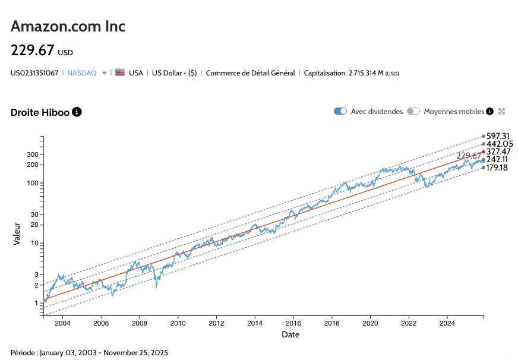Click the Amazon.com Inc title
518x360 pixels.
click(x=68, y=27)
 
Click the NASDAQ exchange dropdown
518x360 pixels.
click(x=87, y=73)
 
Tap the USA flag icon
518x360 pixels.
click(x=120, y=72)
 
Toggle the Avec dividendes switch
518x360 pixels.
click(x=340, y=111)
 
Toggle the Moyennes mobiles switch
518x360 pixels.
click(x=413, y=111)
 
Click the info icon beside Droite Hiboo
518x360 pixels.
click(x=77, y=112)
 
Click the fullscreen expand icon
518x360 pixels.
click(x=501, y=111)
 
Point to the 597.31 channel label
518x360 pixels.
click(x=499, y=137)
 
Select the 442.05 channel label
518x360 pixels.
click(x=500, y=144)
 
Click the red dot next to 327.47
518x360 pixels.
click(x=484, y=151)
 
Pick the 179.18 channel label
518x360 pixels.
click(x=497, y=168)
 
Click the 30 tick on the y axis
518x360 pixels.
click(x=34, y=214)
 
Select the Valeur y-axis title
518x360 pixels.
click(x=17, y=233)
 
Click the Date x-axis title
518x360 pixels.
click(x=290, y=334)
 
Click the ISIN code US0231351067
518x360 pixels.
click(x=34, y=73)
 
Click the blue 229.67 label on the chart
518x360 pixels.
click(x=469, y=156)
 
